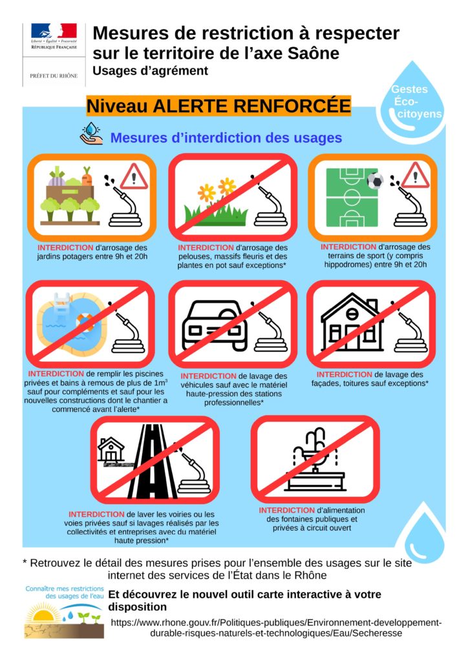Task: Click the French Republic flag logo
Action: pos(54,31)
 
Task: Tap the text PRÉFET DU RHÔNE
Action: pos(54,76)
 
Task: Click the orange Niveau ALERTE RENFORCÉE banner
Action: pos(218,106)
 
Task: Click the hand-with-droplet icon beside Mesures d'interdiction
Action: pos(91,134)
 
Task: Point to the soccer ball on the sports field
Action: pos(375,181)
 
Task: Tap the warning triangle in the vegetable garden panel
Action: pos(134,177)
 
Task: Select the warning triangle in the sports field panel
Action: pos(415,176)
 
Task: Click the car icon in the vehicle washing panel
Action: pos(215,325)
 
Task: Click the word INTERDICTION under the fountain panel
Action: pos(287,510)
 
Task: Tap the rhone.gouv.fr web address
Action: pos(276,627)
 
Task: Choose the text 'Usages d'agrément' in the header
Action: pos(150,71)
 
